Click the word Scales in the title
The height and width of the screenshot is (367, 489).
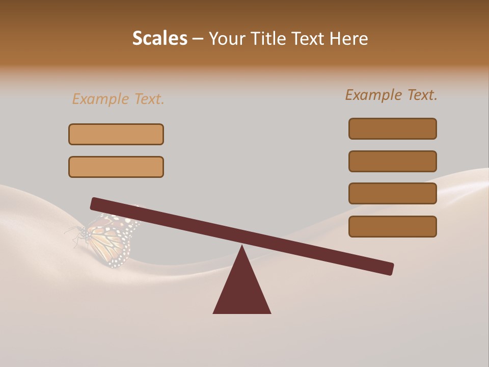[159, 38]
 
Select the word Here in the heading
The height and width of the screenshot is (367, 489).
[349, 38]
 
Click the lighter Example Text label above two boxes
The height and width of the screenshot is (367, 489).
[118, 99]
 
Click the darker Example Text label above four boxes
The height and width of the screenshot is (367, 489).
[391, 95]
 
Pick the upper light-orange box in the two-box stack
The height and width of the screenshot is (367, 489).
[116, 134]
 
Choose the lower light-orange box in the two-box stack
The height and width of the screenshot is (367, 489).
[116, 167]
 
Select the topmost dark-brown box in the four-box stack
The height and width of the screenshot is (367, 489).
[392, 128]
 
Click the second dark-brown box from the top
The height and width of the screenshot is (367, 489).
[392, 161]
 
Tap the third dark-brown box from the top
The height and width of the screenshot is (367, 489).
[392, 193]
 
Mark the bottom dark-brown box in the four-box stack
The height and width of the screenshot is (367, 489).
[392, 226]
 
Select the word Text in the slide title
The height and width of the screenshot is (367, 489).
[311, 38]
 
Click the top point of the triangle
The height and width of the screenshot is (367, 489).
[242, 247]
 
